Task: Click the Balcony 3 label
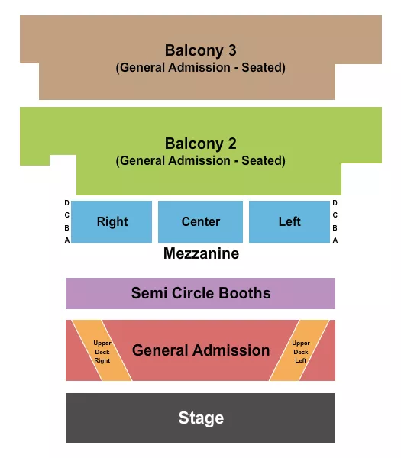(200, 50)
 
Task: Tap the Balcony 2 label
(200, 144)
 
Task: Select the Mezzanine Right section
(112, 221)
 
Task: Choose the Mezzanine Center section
(200, 221)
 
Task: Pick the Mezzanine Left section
(289, 221)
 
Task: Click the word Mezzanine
(201, 253)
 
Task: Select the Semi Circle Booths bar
(200, 293)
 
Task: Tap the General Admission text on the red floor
(201, 350)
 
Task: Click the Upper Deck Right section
(102, 351)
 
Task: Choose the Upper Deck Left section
(301, 351)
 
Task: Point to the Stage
(201, 418)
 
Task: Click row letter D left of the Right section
(67, 203)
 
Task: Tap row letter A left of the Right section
(67, 240)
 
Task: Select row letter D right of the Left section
(335, 203)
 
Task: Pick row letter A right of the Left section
(335, 240)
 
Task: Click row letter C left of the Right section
(67, 215)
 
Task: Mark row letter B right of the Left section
(335, 227)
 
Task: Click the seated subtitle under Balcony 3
(200, 67)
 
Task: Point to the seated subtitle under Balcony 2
(200, 160)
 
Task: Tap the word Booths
(244, 293)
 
